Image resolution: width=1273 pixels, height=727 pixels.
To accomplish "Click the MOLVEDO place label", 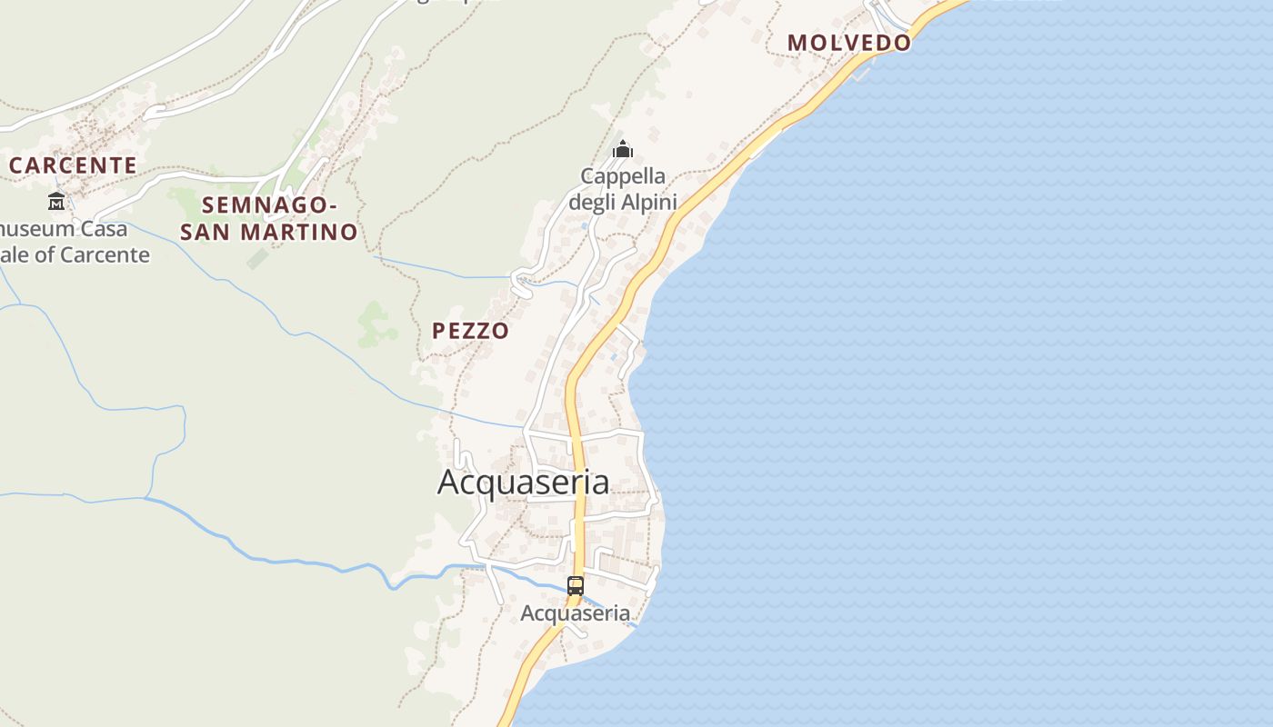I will tap(848, 42).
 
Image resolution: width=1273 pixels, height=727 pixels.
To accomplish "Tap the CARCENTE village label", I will tap(73, 165).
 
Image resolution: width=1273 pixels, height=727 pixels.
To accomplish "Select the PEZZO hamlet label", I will tap(470, 331).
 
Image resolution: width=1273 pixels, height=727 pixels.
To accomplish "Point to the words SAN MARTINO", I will tap(269, 233).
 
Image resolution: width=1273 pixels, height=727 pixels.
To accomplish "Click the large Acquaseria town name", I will tap(523, 483).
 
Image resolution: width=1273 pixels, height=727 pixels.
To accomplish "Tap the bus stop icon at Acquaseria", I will tap(576, 586).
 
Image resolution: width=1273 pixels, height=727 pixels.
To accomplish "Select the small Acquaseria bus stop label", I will tap(575, 613).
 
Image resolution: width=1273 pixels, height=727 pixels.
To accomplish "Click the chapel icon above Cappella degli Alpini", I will tap(623, 149).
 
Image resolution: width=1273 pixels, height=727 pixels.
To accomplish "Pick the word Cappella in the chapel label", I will tap(623, 176).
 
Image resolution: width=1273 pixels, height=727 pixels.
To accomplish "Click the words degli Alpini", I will tap(623, 202).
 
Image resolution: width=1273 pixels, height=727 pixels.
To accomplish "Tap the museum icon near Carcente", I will tap(56, 201).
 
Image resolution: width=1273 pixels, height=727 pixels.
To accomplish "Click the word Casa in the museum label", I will tap(102, 229).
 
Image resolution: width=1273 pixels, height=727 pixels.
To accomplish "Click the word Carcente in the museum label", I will tap(104, 254).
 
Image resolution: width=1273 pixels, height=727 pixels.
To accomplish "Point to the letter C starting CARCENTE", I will tap(16, 165).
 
